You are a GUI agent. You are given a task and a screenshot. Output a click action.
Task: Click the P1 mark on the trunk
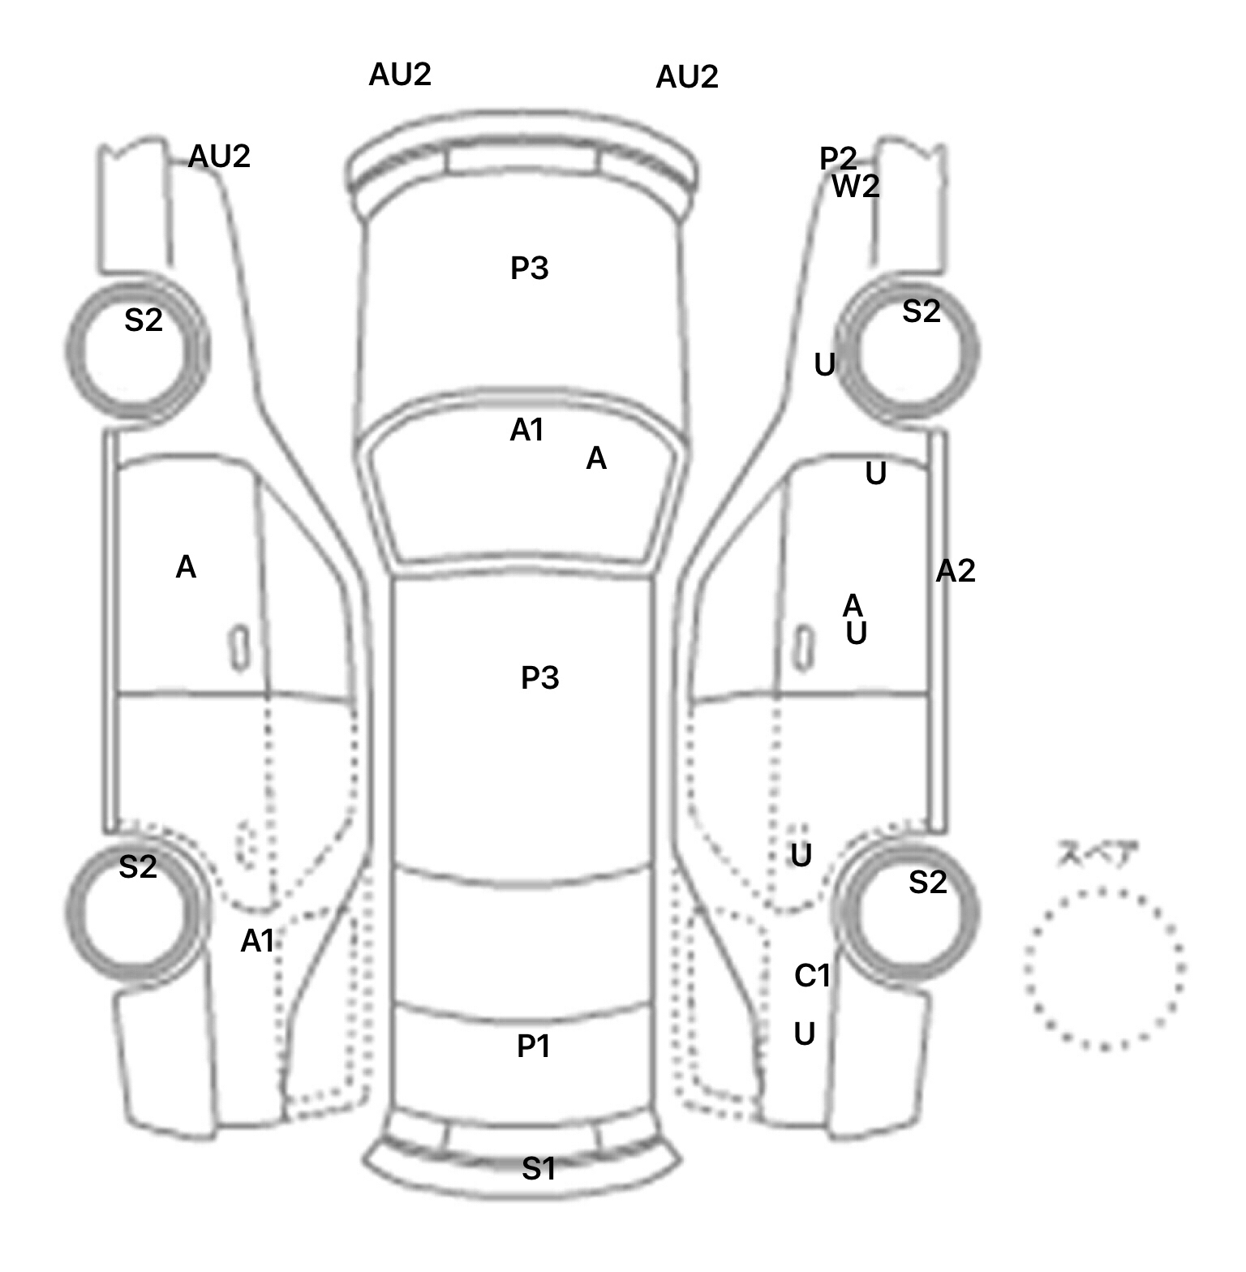534,1046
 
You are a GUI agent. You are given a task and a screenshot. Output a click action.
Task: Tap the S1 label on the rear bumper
539,1169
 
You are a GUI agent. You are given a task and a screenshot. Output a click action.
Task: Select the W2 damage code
856,187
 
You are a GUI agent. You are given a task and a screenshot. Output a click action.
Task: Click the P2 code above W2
838,158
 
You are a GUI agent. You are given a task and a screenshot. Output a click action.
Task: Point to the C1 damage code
813,975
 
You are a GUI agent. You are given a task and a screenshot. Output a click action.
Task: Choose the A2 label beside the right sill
956,571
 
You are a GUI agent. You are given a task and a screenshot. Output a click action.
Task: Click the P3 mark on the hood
530,268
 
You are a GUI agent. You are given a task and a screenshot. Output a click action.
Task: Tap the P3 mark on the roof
540,677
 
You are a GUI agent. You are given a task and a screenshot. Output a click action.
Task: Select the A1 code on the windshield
527,430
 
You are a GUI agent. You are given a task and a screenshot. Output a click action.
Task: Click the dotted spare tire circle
1104,969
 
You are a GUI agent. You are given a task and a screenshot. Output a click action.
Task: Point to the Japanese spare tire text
1098,854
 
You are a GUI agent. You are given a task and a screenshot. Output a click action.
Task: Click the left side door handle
239,647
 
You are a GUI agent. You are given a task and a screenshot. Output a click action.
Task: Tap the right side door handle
803,647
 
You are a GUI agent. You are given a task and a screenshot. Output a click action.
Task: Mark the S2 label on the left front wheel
144,320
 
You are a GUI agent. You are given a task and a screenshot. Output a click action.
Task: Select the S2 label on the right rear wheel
928,882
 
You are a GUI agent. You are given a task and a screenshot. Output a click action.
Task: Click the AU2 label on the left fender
219,156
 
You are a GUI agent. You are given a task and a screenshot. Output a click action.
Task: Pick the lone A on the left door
186,567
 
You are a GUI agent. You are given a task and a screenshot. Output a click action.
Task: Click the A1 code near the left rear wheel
258,941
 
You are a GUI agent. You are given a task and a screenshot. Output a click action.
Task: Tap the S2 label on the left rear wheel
138,867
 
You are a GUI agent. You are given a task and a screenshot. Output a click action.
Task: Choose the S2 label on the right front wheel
922,312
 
